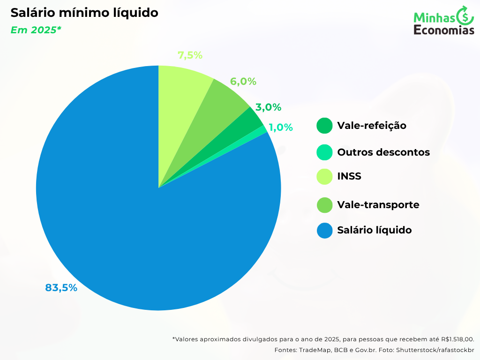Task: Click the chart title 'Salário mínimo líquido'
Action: coord(84,13)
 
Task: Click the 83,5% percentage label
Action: coord(61,288)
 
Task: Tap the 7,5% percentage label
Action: coord(190,55)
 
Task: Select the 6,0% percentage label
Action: coord(243,82)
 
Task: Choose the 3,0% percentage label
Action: coord(268,107)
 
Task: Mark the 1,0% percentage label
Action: coord(281,127)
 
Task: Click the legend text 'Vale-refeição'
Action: coord(372,126)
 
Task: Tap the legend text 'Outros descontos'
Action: coord(383,152)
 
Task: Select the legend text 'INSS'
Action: coord(349,177)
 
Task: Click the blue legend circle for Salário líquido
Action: coord(324,230)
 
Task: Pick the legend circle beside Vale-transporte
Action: coord(324,205)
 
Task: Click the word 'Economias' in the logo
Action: coord(444,30)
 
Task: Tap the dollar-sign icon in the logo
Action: coord(465,17)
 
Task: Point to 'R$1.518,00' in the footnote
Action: coord(457,339)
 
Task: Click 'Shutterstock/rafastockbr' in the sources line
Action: coord(435,350)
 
